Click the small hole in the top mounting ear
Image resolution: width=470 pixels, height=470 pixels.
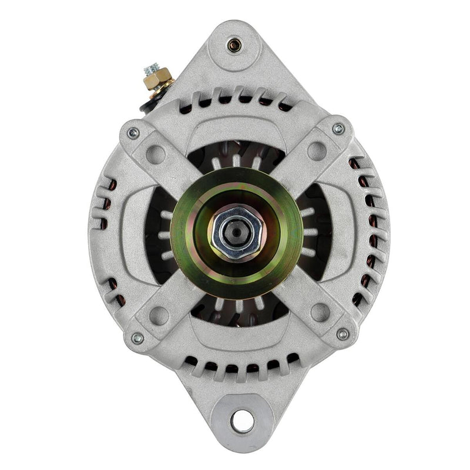pyautogui.click(x=234, y=43)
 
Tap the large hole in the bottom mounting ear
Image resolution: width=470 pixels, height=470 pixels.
pyautogui.click(x=241, y=420)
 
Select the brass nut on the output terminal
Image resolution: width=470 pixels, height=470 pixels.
pyautogui.click(x=157, y=76)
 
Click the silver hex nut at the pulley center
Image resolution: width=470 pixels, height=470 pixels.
pyautogui.click(x=236, y=232)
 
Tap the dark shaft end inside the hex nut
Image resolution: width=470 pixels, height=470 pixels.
pyautogui.click(x=236, y=231)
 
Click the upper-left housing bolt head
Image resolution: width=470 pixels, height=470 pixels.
pyautogui.click(x=133, y=133)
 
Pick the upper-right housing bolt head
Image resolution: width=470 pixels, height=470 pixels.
pyautogui.click(x=338, y=129)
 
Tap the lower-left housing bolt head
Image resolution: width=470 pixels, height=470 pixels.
pyautogui.click(x=137, y=338)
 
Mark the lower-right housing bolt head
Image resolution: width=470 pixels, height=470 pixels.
pyautogui.click(x=343, y=334)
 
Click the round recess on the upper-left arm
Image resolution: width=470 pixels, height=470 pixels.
pyautogui.click(x=155, y=155)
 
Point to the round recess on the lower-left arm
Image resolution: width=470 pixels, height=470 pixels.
pyautogui.click(x=158, y=314)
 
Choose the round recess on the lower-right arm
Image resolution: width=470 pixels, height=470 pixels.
pyautogui.click(x=320, y=311)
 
